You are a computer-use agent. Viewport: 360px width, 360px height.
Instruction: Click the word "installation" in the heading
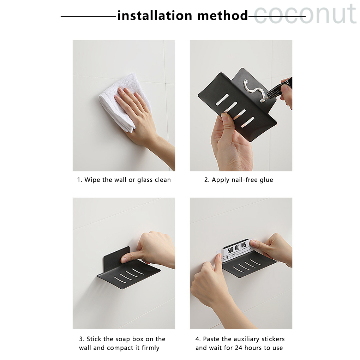[x=155, y=16]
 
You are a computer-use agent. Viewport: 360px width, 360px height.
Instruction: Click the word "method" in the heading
[x=222, y=16]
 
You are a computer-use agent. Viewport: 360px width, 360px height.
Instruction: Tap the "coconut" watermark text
[x=305, y=14]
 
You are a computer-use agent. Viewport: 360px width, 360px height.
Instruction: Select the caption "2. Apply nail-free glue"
[x=239, y=180]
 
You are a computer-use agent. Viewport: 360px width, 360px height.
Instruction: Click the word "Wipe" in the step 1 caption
[x=93, y=180]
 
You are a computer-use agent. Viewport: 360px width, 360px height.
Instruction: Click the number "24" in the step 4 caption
[x=239, y=348]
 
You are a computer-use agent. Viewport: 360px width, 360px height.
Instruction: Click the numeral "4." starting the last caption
[x=198, y=339]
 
